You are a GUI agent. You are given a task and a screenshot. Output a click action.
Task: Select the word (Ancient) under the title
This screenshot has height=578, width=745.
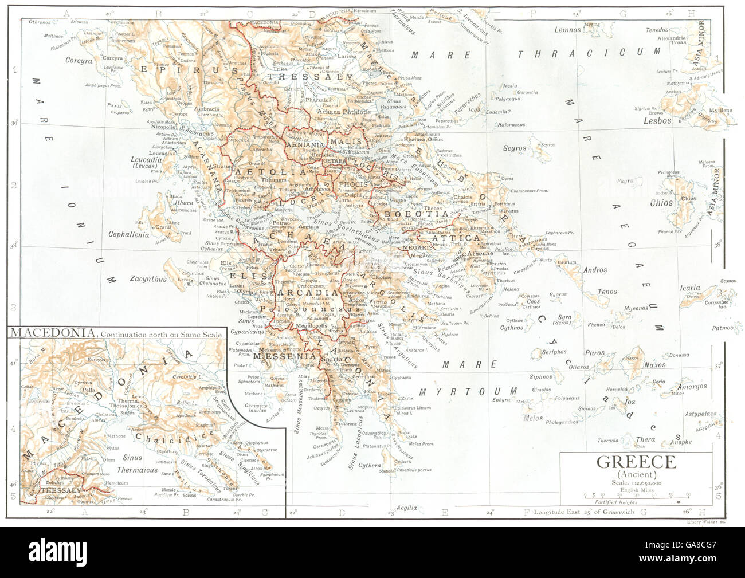coord(636,475)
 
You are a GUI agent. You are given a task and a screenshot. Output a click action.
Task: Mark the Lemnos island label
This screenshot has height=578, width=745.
coord(567,30)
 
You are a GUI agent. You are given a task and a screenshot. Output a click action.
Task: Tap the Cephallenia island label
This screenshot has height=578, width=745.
coord(129,234)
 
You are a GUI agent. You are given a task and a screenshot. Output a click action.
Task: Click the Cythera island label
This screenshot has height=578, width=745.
coord(370,466)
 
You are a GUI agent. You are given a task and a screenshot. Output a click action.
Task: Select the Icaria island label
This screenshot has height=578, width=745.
coord(689,288)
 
